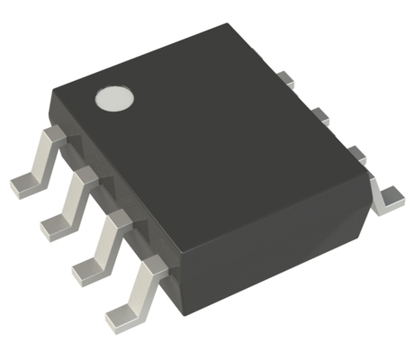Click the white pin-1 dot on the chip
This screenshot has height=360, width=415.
point(114,97)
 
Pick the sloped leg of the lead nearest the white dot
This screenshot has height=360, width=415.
point(45,160)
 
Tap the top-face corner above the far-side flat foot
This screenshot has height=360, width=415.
point(369,175)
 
